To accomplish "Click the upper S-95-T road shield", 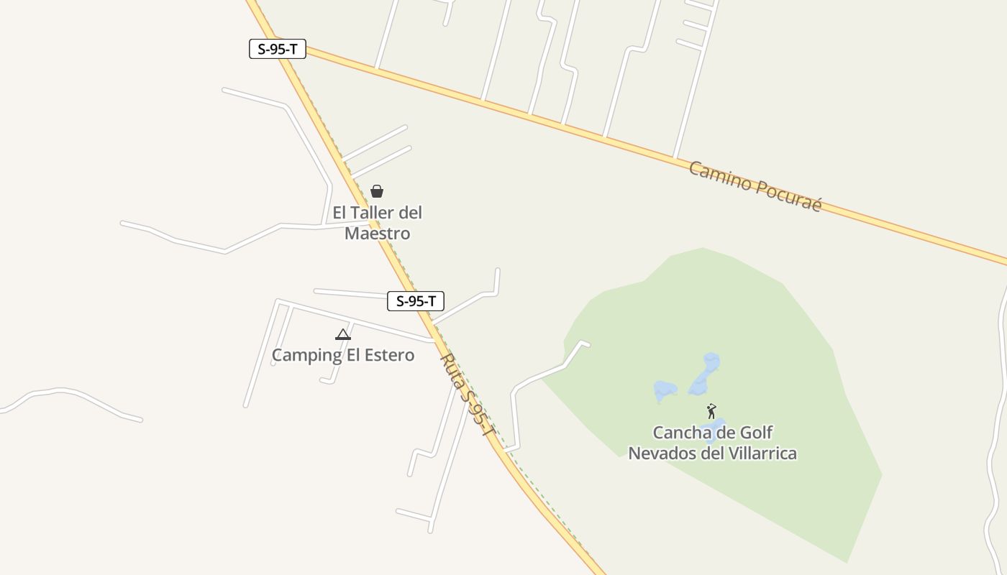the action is [278, 49].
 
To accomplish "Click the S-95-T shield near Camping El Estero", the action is [415, 301].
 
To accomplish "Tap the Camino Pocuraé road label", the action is [755, 186].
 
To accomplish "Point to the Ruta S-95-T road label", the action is [468, 395].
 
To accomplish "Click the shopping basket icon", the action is [377, 191].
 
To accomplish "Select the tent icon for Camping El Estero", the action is [343, 334].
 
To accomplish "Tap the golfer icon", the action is [711, 411].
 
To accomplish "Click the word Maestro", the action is [378, 234].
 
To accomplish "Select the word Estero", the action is [391, 355].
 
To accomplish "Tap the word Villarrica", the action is [762, 454].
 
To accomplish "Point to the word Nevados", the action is [658, 454].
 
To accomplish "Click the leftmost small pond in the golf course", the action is [665, 391].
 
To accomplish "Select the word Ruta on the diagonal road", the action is [452, 369].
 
